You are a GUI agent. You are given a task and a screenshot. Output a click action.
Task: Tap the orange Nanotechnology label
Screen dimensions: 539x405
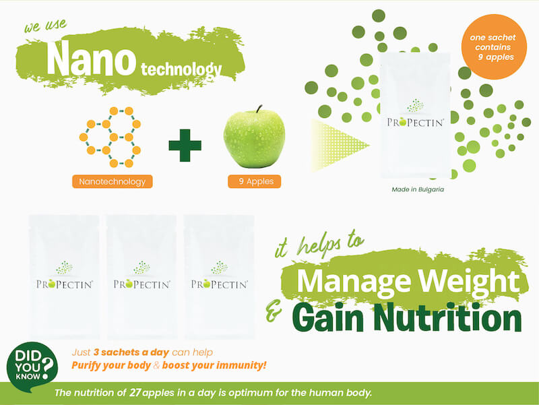pyautogui.click(x=112, y=181)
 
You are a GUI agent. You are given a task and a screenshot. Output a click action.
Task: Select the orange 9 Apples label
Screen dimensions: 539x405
pyautogui.click(x=255, y=181)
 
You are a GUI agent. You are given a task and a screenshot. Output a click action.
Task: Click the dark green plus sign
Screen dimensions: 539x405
pyautogui.click(x=185, y=146)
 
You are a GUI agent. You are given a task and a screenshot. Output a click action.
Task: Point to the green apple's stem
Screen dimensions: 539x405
pyautogui.click(x=259, y=109)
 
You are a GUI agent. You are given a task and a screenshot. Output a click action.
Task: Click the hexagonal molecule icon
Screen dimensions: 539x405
pyautogui.click(x=110, y=137)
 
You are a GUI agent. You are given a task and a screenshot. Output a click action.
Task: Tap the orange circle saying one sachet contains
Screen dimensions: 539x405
pyautogui.click(x=494, y=47)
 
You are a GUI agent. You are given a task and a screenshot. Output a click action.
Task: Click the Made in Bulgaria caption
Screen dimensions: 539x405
pyautogui.click(x=418, y=189)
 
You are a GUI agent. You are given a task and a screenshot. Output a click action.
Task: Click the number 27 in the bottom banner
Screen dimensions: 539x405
pyautogui.click(x=135, y=393)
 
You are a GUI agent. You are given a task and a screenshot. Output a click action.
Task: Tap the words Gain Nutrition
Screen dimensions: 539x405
pyautogui.click(x=408, y=318)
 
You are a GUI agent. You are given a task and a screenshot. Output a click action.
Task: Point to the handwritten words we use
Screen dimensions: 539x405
pyautogui.click(x=45, y=25)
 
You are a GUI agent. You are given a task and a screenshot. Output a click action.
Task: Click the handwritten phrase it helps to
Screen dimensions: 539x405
pyautogui.click(x=319, y=243)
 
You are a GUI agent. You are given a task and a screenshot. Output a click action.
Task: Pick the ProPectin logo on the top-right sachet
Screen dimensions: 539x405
pyautogui.click(x=415, y=114)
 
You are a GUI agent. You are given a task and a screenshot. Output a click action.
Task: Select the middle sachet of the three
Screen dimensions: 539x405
pyautogui.click(x=141, y=277)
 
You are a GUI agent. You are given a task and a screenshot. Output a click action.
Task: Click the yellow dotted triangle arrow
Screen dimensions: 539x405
pyautogui.click(x=340, y=145)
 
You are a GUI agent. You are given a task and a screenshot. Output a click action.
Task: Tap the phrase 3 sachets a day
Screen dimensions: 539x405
pyautogui.click(x=131, y=352)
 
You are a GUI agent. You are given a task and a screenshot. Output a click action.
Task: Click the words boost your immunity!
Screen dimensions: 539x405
pyautogui.click(x=214, y=365)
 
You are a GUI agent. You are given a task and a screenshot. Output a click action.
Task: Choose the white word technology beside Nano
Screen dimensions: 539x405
pyautogui.click(x=181, y=69)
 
